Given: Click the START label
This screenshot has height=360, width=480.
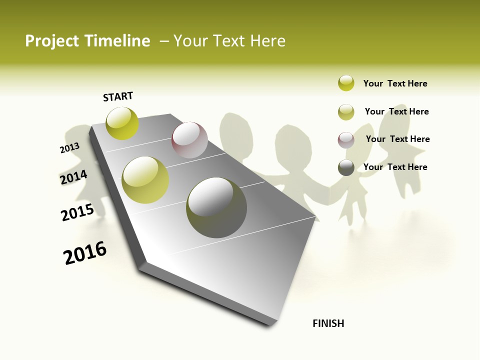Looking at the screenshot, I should (118, 96).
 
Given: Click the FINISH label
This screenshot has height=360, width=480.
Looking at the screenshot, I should (328, 323).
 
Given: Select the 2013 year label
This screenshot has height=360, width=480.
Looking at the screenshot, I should (69, 148).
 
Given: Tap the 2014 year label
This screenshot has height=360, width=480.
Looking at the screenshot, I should (73, 177).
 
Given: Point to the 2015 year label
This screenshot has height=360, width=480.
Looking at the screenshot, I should (77, 212).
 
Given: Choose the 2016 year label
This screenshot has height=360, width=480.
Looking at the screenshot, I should (85, 253).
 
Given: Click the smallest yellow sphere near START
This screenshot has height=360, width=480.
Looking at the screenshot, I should (122, 123).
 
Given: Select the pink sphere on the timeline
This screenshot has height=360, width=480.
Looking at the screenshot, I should (189, 140).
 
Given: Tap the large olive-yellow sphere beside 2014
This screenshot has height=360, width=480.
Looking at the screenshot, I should (145, 180).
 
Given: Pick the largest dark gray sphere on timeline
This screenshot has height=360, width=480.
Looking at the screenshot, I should (216, 207).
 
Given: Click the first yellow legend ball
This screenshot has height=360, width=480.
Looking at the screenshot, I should (346, 83).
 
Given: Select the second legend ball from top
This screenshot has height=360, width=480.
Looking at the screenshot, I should (346, 112).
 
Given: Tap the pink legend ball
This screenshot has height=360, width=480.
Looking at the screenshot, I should (346, 140).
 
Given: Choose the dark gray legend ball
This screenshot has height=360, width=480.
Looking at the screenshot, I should (346, 167).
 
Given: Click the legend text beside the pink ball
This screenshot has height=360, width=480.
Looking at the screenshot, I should (397, 139).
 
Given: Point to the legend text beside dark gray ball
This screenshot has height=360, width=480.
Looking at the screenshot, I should (395, 167).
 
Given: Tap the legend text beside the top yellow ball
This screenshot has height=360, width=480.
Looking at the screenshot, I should (395, 83).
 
